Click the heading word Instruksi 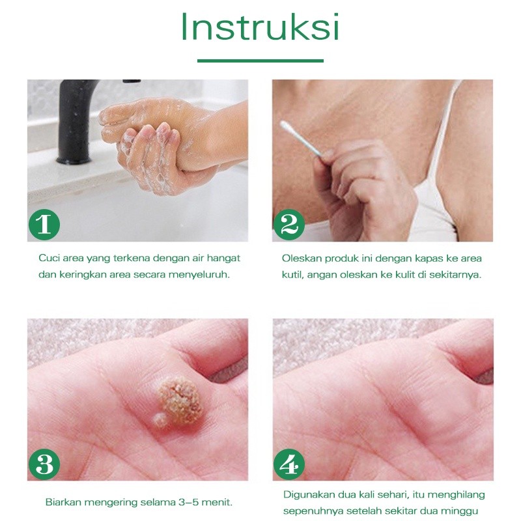click(260, 27)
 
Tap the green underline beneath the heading click(260, 61)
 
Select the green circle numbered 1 click(44, 224)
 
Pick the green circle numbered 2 click(289, 225)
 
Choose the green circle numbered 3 click(44, 464)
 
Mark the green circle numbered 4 click(289, 464)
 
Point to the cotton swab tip click(285, 126)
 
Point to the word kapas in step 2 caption click(434, 259)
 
